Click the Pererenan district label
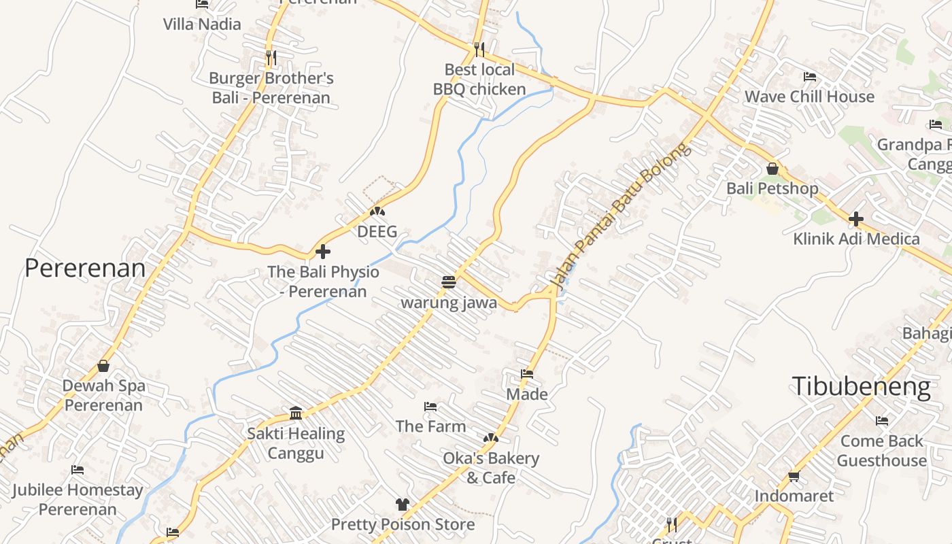(85, 268)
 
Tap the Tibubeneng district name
(861, 386)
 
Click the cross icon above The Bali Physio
(323, 252)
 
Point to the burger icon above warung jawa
(448, 282)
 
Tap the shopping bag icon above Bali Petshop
(772, 169)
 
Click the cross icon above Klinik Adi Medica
(856, 219)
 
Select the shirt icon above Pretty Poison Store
(403, 505)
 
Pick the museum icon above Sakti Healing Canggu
(296, 413)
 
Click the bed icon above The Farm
(430, 407)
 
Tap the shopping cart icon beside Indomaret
(794, 476)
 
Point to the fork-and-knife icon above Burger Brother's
(271, 58)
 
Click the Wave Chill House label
(809, 97)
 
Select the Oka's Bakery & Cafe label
(491, 468)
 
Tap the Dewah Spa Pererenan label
(103, 395)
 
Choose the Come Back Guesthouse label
(881, 450)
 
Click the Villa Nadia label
(202, 24)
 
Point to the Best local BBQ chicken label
(479, 79)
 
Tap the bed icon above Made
(527, 374)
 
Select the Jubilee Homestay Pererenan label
(78, 499)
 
